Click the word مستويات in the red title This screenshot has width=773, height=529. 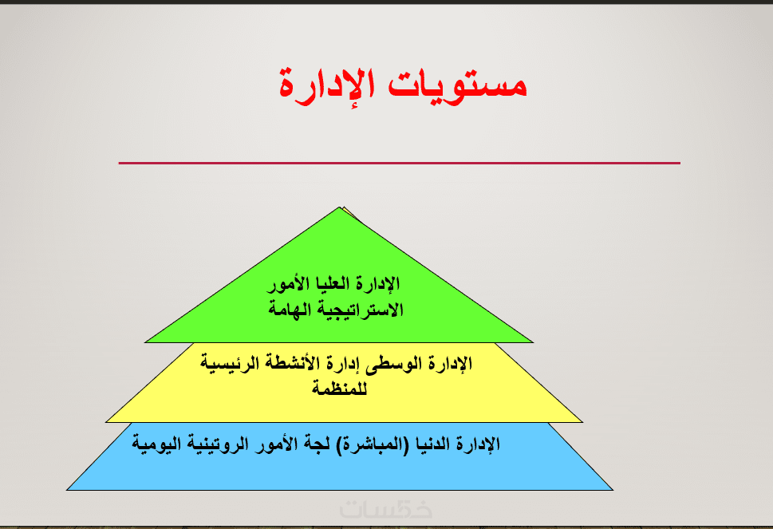pos(457,85)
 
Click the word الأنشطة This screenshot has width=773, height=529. pos(291,363)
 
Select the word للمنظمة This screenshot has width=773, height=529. pos(340,389)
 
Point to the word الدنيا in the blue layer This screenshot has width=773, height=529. pos(432,444)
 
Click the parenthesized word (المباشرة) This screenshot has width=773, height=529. pos(373,444)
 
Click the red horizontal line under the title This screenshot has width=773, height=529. pos(400,163)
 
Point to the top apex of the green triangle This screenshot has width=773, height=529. pos(340,207)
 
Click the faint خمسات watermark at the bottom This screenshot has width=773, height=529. pos(385,509)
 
